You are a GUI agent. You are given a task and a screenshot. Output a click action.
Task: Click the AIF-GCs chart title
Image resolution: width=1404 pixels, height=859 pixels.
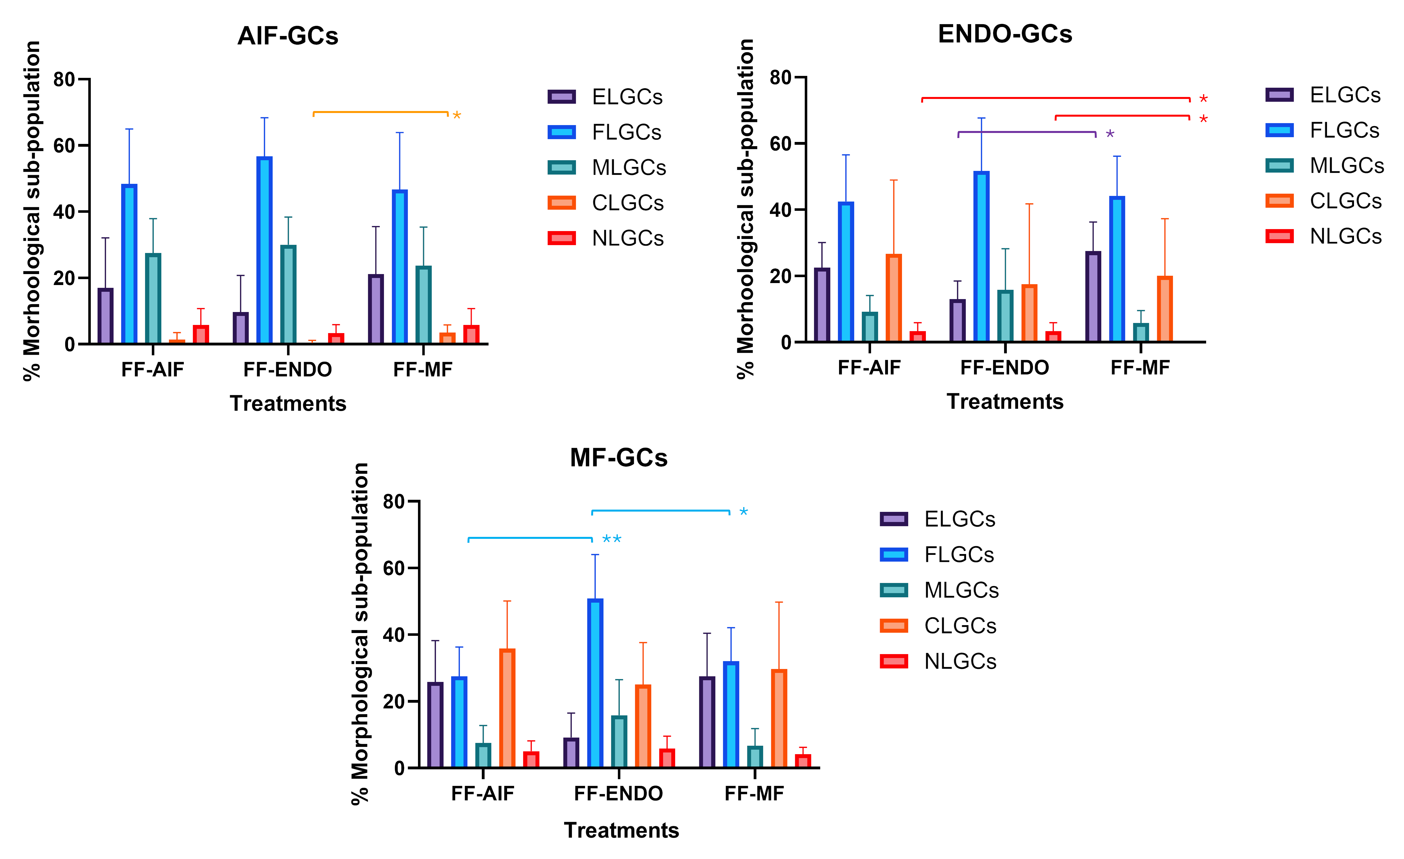[x=288, y=36]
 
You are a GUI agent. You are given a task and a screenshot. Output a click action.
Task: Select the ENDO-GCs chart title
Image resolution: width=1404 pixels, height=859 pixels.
[x=1005, y=34]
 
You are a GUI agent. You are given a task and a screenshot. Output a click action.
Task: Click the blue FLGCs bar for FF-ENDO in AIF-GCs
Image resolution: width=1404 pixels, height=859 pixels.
[x=264, y=251]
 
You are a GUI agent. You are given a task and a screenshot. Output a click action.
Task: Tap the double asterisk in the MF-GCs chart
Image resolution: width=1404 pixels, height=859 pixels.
[x=611, y=539]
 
